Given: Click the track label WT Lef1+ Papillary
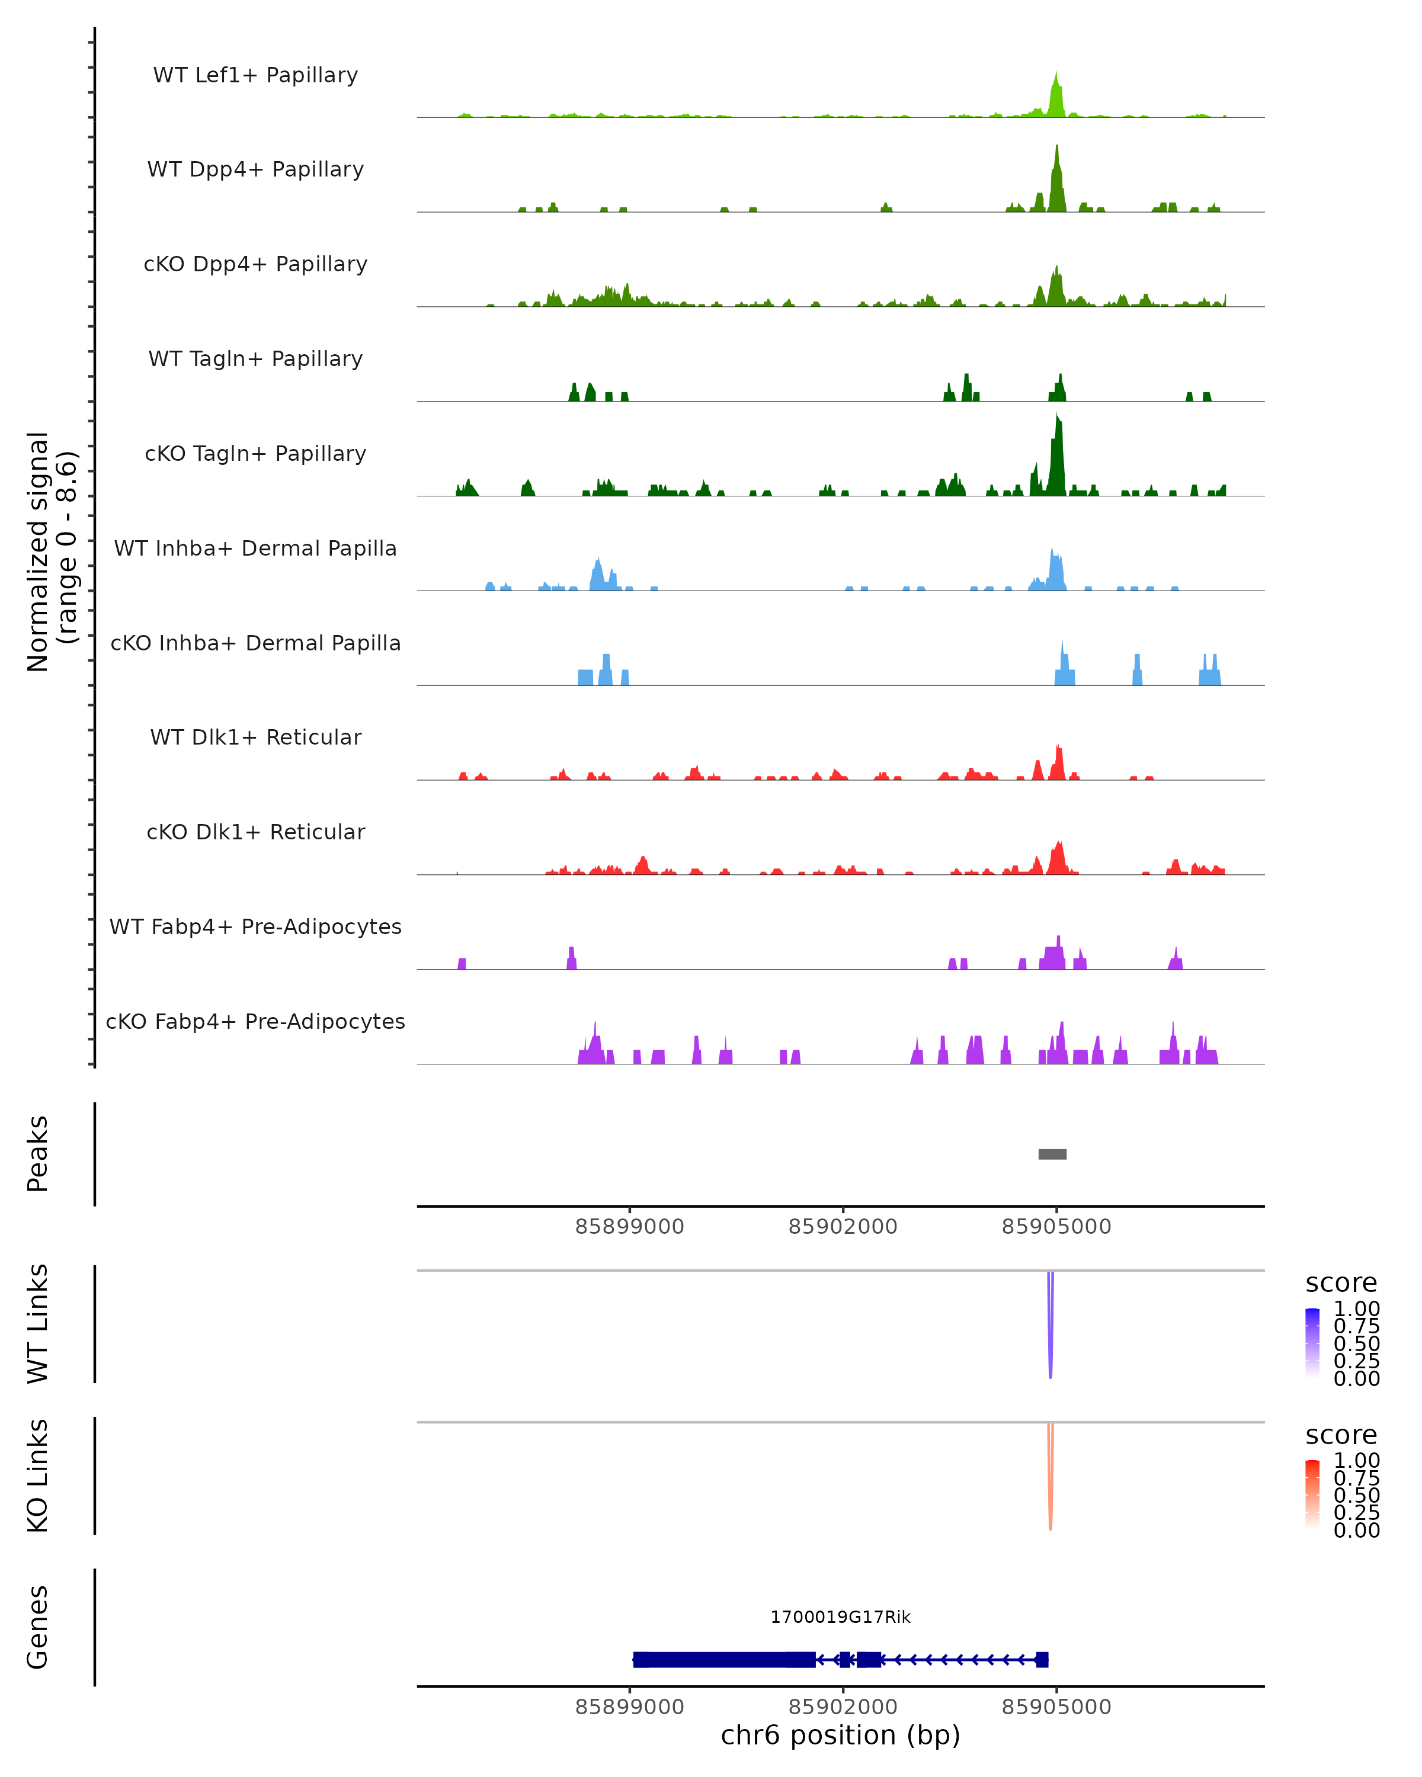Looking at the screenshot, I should point(255,75).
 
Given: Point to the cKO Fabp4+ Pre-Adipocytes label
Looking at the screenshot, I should point(255,1021).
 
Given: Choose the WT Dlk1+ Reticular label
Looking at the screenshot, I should point(255,737).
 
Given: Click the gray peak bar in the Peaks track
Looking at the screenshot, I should point(1052,1154).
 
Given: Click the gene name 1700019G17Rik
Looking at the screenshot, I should point(840,1617).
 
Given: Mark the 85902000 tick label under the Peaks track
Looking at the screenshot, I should point(843,1227).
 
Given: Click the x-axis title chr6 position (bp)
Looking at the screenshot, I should point(840,1735).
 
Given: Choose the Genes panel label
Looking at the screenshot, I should point(37,1627).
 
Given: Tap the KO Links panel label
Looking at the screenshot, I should point(37,1476).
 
